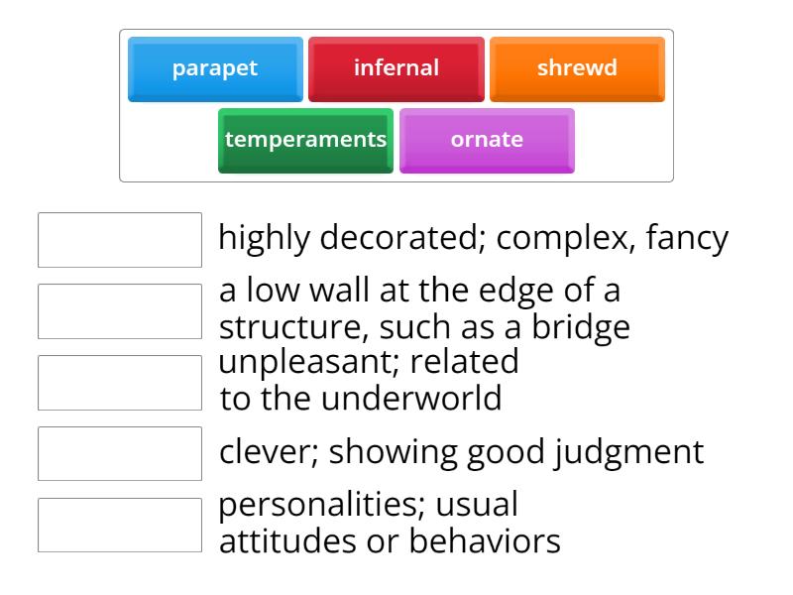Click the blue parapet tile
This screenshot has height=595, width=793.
pyautogui.click(x=215, y=68)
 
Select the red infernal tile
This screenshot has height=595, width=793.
pyautogui.click(x=396, y=68)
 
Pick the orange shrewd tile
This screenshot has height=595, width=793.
pyautogui.click(x=577, y=68)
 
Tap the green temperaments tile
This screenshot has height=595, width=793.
pyautogui.click(x=305, y=140)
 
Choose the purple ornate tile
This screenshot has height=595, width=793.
pyautogui.click(x=487, y=140)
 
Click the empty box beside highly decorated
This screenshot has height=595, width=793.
pyautogui.click(x=120, y=240)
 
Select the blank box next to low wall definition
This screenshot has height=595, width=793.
pyautogui.click(x=120, y=311)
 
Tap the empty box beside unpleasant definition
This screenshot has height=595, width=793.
pyautogui.click(x=120, y=383)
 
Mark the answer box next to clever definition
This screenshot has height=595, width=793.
pyautogui.click(x=120, y=453)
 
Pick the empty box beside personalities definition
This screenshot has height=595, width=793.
pyautogui.click(x=120, y=525)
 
